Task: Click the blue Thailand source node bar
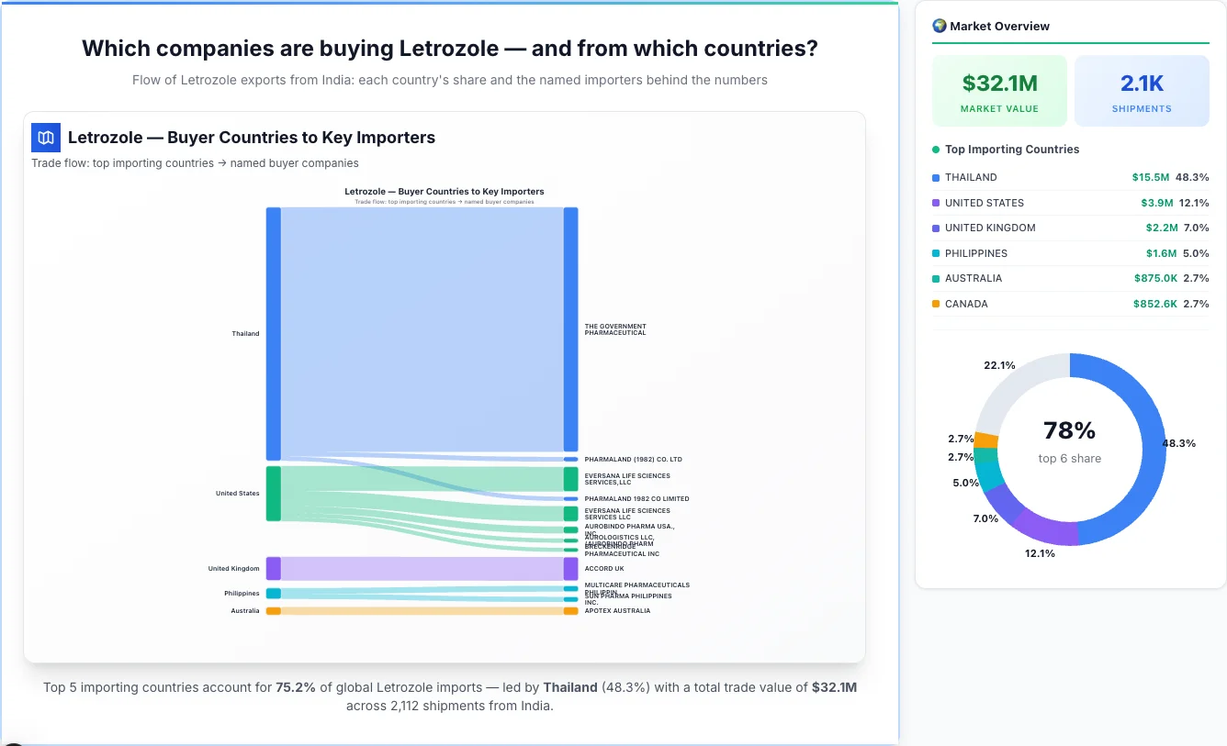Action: (273, 333)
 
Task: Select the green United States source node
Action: (273, 494)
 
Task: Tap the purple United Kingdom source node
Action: (273, 569)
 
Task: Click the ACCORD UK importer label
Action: (603, 569)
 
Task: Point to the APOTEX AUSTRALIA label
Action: (617, 611)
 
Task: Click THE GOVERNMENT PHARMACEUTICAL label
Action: (615, 329)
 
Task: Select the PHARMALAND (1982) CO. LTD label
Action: (633, 460)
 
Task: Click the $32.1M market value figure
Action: (999, 84)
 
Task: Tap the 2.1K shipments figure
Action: (1142, 84)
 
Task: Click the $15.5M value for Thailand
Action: (1150, 177)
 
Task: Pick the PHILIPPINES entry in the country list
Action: (975, 253)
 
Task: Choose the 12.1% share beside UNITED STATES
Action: (1194, 203)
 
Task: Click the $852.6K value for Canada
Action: (1154, 304)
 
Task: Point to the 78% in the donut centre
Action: (1069, 430)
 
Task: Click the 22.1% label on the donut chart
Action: (999, 365)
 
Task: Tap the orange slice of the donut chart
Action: (986, 440)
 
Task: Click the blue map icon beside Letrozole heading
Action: (46, 138)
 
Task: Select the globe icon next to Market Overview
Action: (939, 26)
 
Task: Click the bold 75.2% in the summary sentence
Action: (296, 687)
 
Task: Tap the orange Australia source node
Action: (273, 611)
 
